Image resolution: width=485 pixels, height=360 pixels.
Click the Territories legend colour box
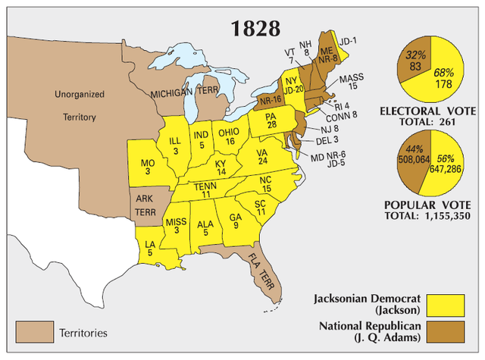[x=35, y=332]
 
